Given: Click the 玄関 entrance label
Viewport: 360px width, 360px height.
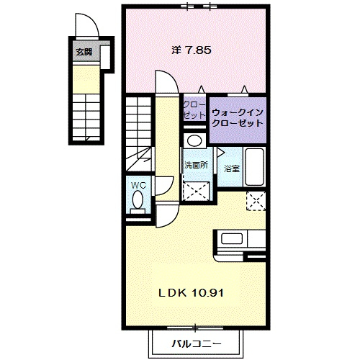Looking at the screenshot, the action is tap(84, 52).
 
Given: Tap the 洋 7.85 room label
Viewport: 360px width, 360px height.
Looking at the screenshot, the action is tap(192, 50).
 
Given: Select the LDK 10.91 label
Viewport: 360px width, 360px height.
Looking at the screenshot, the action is tap(192, 293).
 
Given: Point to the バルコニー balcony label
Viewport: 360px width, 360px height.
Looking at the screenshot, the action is tap(197, 344).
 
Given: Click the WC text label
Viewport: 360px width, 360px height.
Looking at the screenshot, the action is tap(139, 185).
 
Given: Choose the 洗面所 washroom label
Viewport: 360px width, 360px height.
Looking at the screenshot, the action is tap(196, 165).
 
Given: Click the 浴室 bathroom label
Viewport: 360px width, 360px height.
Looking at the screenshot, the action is tap(232, 168).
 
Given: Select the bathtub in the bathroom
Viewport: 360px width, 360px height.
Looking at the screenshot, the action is tap(255, 166).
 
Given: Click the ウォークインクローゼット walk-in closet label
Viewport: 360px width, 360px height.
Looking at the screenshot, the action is tap(238, 117).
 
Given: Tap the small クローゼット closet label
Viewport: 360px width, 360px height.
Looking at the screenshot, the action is tap(194, 110).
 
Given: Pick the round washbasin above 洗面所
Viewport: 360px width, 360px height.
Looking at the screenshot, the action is tap(194, 140).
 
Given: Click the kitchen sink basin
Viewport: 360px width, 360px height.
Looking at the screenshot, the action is tap(232, 239).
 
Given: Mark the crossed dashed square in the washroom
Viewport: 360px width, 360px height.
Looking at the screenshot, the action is tap(196, 191).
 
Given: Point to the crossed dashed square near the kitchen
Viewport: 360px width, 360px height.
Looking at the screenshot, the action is tap(256, 201).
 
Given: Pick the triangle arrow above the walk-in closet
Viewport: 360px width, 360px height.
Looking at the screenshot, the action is tap(244, 89).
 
